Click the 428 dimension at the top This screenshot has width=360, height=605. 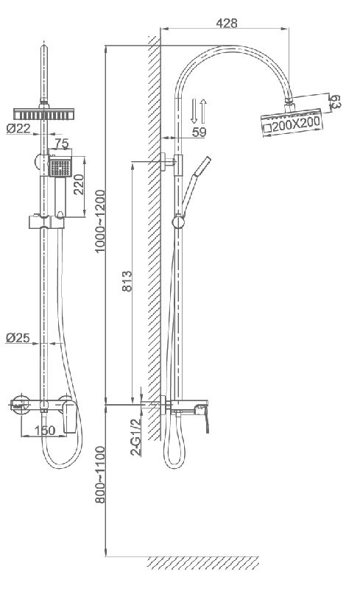coord(227,23)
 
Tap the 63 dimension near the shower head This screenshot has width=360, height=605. coord(334,102)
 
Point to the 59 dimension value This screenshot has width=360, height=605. coord(199,132)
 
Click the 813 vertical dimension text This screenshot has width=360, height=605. coord(127,281)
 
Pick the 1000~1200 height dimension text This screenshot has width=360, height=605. coord(100,221)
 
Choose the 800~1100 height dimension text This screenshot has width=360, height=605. coord(100,475)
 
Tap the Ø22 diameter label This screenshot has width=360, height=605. coord(18,128)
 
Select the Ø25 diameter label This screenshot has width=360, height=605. coord(18,338)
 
